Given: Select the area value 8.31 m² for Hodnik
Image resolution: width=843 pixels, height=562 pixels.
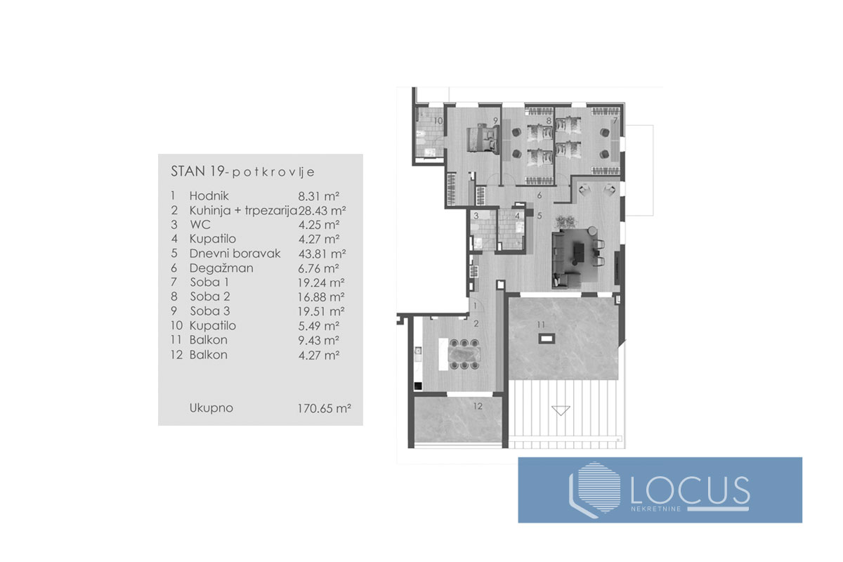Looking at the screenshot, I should point(318,195).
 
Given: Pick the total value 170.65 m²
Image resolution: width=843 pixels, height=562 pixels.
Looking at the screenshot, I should point(324,407).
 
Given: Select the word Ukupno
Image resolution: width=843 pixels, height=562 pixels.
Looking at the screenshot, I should point(211,407).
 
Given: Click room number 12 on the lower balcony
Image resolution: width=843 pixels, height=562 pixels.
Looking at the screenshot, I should point(477,406).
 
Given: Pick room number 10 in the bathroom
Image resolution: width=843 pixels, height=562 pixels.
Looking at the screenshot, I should point(437,121).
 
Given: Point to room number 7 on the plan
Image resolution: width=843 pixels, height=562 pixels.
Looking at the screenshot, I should point(615,121).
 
